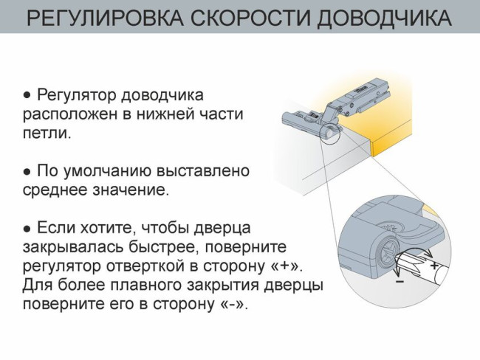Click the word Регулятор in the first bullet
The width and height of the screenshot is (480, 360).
click(x=71, y=96)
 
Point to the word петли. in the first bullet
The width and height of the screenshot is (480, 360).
click(x=46, y=134)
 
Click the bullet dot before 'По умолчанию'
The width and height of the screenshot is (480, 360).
click(x=27, y=171)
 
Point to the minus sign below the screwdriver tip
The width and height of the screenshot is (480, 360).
click(x=400, y=282)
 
